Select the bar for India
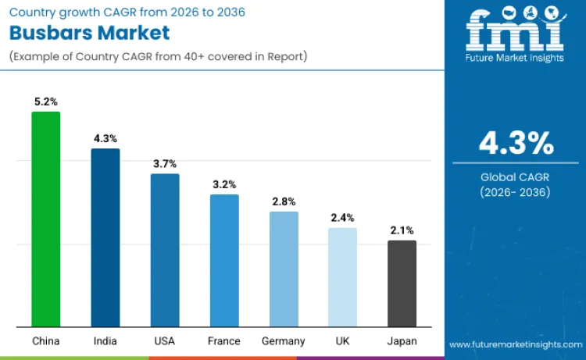click(105, 237)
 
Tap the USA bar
click(165, 250)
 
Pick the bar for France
click(224, 260)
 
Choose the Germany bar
click(284, 269)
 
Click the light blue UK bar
click(342, 277)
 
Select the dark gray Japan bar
click(402, 283)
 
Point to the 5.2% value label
click(45, 102)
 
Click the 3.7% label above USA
click(165, 163)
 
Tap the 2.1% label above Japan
click(402, 230)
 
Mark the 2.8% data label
click(284, 201)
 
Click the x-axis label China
click(45, 341)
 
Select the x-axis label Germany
click(284, 341)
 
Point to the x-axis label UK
click(342, 341)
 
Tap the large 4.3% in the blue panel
click(516, 144)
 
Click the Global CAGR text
click(516, 177)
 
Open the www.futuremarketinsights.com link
click(515, 344)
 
